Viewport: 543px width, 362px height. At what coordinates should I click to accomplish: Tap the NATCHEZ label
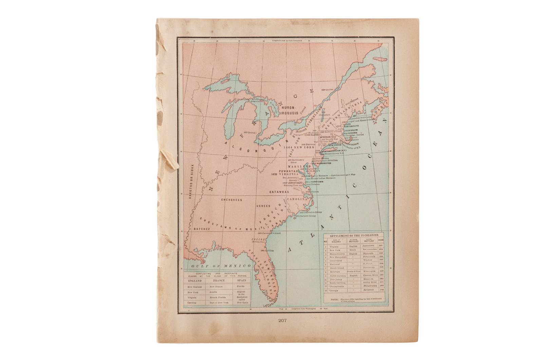pyautogui.click(x=202, y=229)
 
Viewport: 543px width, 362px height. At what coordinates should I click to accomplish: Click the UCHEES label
pyautogui.click(x=263, y=206)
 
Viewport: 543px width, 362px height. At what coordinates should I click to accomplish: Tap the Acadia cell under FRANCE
pyautogui.click(x=214, y=292)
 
